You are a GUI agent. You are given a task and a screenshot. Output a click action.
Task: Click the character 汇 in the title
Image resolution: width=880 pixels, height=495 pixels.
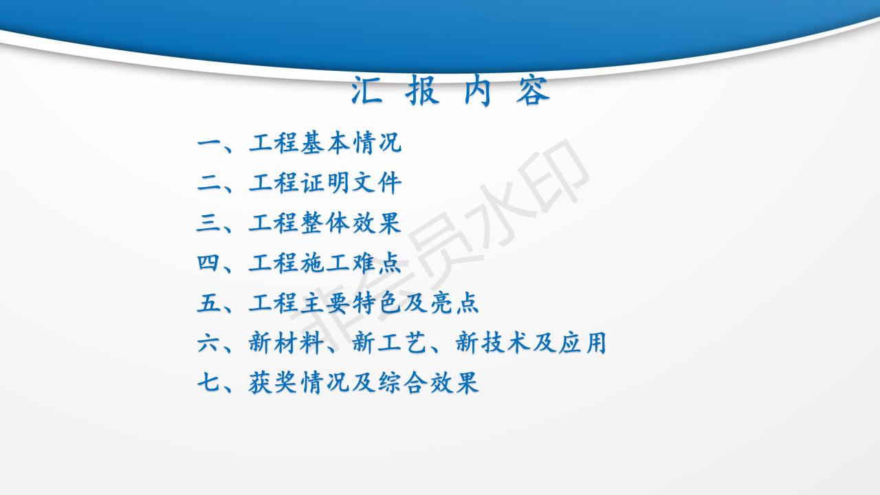click(x=366, y=90)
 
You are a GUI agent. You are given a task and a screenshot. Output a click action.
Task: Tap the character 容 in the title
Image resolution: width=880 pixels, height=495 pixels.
click(x=533, y=90)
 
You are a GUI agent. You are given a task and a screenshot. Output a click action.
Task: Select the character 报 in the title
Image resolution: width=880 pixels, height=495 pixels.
click(x=422, y=90)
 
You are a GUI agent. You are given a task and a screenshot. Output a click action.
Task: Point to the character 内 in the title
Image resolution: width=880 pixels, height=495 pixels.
click(x=477, y=90)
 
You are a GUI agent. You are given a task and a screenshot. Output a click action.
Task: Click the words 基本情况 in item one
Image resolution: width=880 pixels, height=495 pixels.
click(x=351, y=142)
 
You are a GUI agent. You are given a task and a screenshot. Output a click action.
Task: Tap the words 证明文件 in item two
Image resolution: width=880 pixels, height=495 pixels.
click(x=351, y=183)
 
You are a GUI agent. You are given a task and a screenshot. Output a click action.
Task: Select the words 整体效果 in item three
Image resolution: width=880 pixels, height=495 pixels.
click(x=351, y=223)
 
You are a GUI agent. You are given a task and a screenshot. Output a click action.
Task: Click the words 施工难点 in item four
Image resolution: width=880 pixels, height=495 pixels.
click(x=351, y=263)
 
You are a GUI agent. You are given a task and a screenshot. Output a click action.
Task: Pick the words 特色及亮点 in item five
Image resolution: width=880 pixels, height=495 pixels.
click(x=416, y=303)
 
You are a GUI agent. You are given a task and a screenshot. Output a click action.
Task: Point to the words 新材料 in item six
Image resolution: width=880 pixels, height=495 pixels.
click(x=287, y=343)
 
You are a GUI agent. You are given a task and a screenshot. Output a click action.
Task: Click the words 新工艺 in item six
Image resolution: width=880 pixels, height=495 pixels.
click(x=389, y=343)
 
